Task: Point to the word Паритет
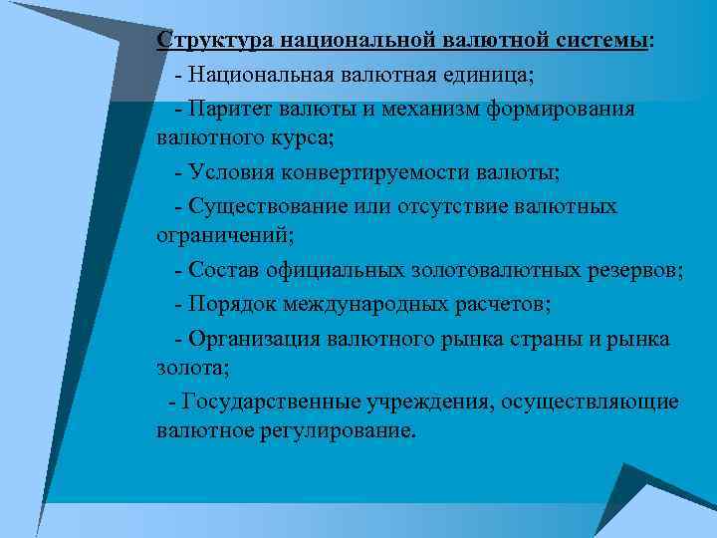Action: coord(230,109)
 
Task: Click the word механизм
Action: coord(429,109)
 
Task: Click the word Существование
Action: coord(261,206)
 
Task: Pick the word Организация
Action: coord(254,338)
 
